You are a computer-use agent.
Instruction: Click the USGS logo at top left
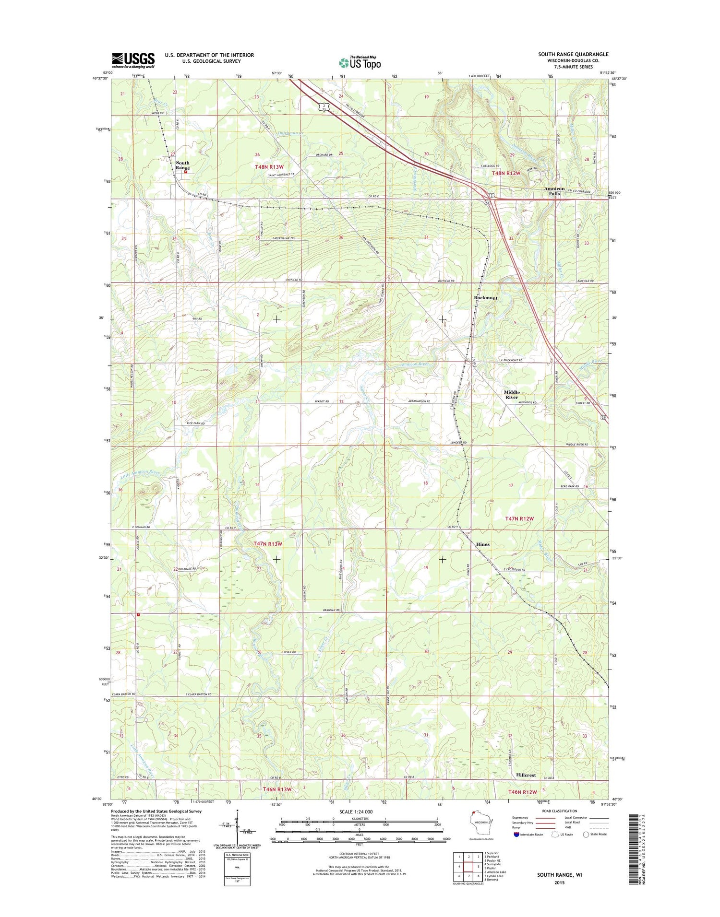coord(133,60)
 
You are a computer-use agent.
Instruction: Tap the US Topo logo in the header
coord(360,62)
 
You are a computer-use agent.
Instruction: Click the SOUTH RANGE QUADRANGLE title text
coord(573,54)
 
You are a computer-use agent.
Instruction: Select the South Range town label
coord(182,165)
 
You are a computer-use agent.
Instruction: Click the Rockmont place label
coord(485,298)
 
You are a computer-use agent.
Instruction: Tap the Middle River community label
coord(511,395)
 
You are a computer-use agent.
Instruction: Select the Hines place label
coord(482,544)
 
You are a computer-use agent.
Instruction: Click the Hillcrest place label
coord(526,775)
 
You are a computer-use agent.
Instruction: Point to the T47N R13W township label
coord(267,544)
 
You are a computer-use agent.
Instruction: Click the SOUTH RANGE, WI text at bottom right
coord(559,875)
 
